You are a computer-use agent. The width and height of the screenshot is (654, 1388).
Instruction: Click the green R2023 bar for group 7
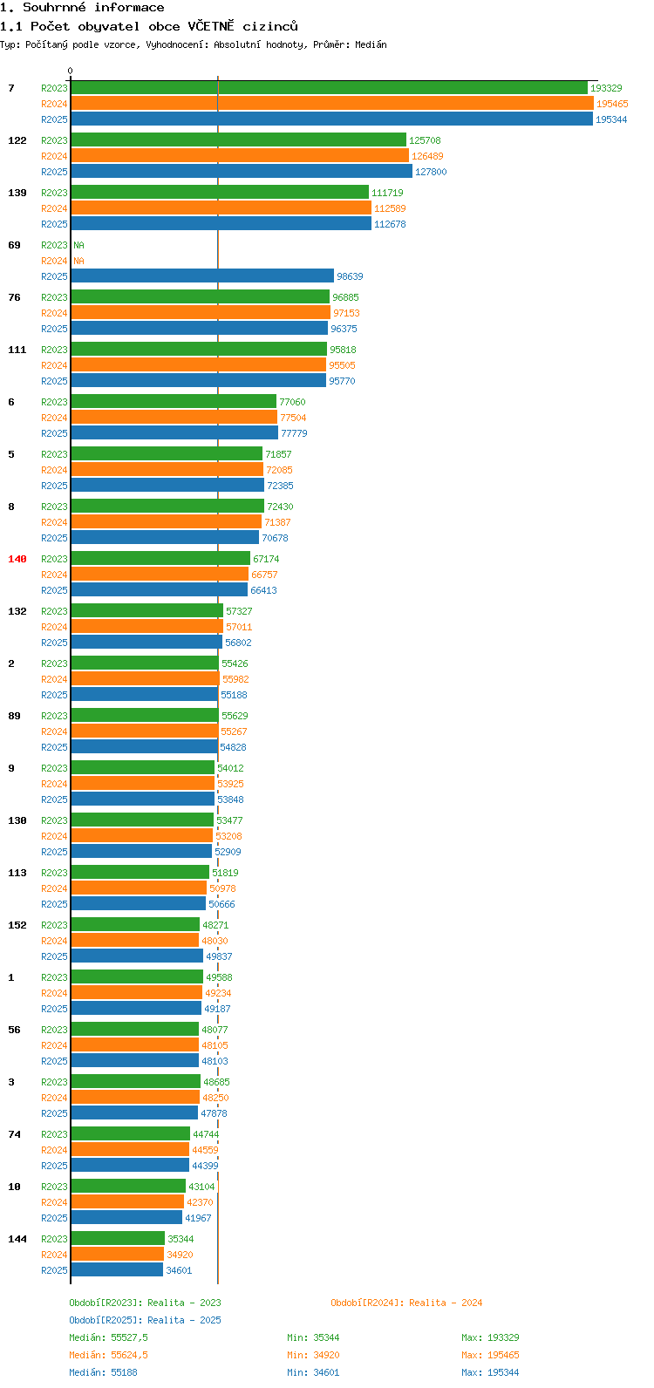pos(329,88)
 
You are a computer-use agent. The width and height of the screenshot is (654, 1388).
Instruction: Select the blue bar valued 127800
pos(242,172)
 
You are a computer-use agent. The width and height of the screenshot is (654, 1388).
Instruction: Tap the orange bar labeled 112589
pos(221,208)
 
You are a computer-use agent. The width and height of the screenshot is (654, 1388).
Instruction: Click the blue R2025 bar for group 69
pos(202,276)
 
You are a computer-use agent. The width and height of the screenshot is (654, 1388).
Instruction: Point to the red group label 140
pos(17,559)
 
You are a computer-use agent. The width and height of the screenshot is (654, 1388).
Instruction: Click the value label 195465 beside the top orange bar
pos(612,104)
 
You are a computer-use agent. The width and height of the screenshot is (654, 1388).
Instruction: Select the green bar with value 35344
pos(118,1239)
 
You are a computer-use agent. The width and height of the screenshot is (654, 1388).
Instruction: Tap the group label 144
pos(17,1239)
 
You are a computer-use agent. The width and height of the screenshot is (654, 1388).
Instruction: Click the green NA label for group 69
pos(78,245)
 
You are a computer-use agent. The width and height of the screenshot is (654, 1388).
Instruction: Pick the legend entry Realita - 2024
pos(406,1303)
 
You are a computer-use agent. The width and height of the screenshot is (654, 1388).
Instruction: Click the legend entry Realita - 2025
pos(145,1320)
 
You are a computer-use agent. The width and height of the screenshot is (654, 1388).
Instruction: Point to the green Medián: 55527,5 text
pos(109,1337)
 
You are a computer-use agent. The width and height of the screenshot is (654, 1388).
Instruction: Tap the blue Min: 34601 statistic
pos(313,1372)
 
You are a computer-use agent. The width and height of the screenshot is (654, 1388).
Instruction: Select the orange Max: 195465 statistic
pos(490,1355)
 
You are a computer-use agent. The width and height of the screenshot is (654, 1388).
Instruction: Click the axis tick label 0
pos(71,71)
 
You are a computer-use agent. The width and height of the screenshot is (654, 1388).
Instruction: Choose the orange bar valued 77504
pos(174,418)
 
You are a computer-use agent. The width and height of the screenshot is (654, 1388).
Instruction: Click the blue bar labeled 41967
pos(126,1218)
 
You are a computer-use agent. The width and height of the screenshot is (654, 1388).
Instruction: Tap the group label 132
pos(17,611)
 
